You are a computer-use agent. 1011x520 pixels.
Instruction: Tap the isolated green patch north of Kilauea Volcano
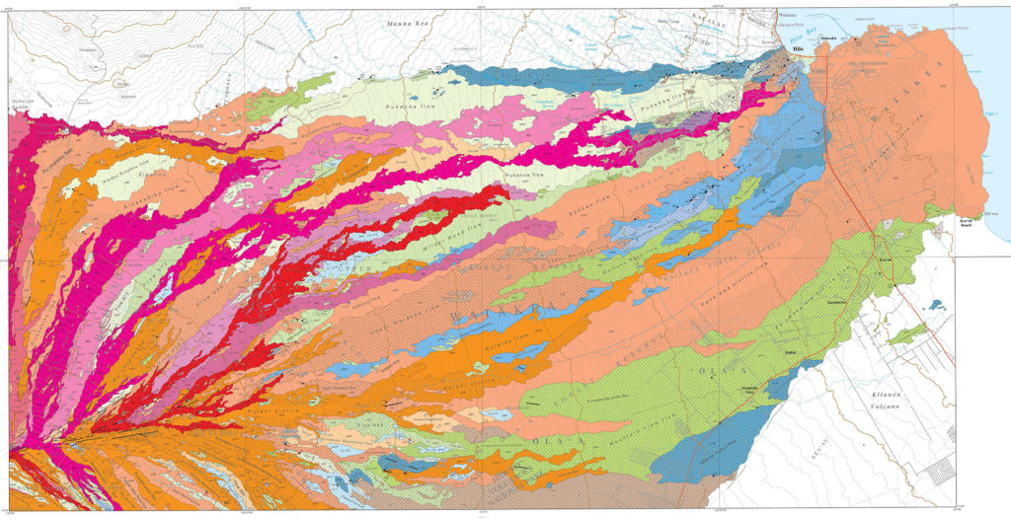[908, 336]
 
